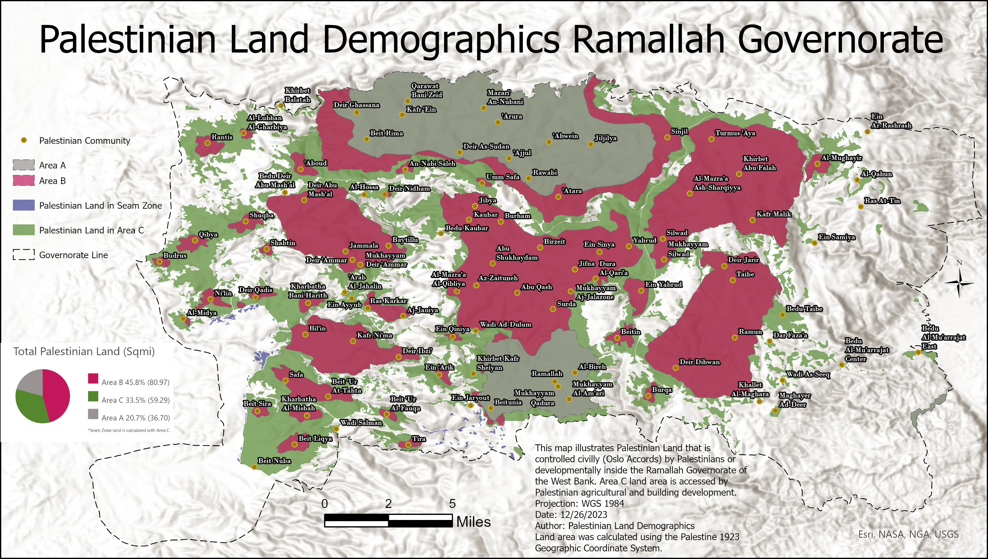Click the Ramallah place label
[547, 373]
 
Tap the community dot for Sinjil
[667, 137]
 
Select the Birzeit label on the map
[554, 241]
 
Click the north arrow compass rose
[959, 283]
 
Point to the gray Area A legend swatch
[24, 165]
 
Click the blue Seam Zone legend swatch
[24, 205]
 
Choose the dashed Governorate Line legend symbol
[24, 255]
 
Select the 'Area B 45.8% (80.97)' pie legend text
[135, 382]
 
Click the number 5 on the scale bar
[452, 504]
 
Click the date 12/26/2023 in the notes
[584, 515]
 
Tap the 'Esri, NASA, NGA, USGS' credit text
[908, 534]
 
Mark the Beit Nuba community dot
[254, 467]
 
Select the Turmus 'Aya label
[735, 133]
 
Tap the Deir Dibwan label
[700, 362]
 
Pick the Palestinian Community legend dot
[24, 141]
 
